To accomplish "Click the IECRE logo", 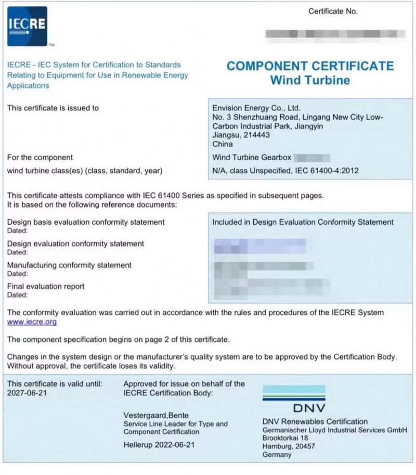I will click(x=27, y=26).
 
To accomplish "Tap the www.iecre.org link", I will click(x=32, y=322).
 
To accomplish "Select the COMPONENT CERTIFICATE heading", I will click(x=310, y=67).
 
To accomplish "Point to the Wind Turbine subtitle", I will click(x=310, y=81).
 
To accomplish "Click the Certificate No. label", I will click(x=333, y=11).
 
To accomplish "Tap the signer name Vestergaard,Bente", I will click(x=156, y=415).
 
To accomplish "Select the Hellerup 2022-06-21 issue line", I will click(x=159, y=445).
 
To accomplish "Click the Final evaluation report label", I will click(x=46, y=286).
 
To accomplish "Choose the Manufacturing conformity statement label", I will click(x=69, y=265).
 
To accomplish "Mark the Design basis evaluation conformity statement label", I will click(x=86, y=222).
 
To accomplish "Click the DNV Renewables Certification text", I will click(x=315, y=421).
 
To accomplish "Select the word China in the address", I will click(x=223, y=144).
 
